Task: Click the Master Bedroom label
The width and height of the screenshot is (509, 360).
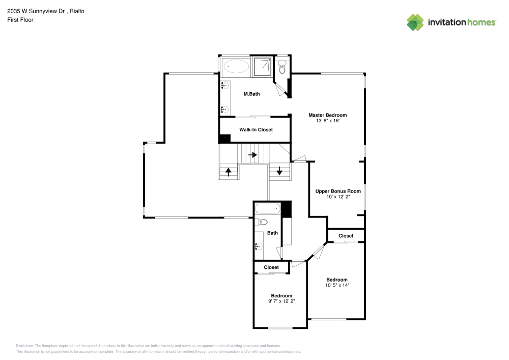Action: (327, 115)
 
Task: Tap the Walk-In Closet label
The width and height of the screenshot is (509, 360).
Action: (256, 130)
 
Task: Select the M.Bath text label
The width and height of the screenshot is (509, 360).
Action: (251, 94)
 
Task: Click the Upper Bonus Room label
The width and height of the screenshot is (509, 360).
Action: (338, 191)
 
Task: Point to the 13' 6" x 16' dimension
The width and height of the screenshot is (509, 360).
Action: (327, 121)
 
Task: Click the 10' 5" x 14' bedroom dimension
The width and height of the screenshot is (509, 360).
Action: (337, 285)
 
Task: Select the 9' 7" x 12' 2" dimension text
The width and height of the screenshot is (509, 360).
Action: (281, 301)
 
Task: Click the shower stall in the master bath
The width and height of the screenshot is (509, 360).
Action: (263, 66)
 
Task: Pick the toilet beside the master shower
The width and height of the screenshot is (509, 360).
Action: (282, 67)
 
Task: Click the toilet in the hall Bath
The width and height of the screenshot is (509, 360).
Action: (262, 222)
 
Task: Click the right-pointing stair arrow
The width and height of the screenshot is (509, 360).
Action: (252, 155)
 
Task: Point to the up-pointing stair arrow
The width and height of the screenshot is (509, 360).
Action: (229, 172)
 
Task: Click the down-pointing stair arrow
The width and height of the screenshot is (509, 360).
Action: (279, 172)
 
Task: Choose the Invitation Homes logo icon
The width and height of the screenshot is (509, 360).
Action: (415, 22)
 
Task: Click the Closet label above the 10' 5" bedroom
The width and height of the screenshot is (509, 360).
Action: (346, 236)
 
